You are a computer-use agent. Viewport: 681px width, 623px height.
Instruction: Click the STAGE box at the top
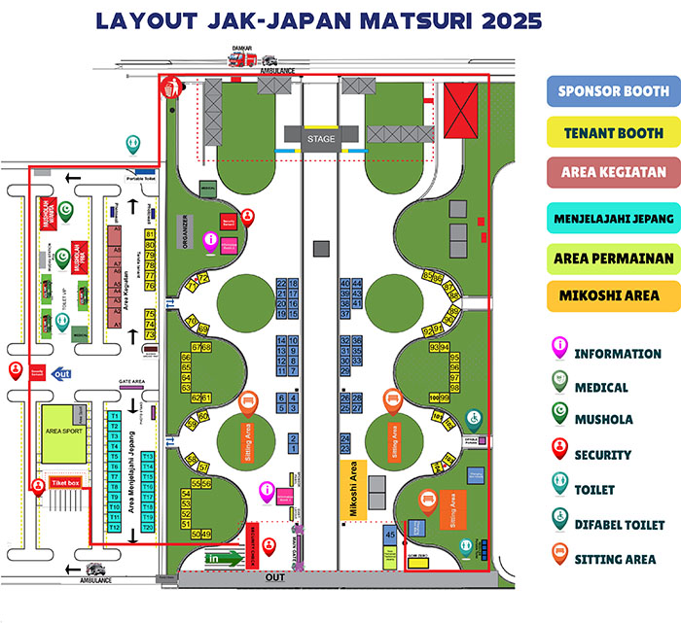[320, 139]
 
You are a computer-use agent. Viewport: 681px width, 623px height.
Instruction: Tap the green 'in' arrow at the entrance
[224, 559]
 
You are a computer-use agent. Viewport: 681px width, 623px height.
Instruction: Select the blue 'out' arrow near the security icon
[62, 373]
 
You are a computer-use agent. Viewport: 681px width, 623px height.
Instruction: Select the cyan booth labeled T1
[114, 416]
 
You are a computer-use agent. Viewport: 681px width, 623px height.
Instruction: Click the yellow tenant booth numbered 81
[150, 234]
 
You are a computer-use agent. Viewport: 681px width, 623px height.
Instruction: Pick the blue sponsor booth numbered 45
[389, 534]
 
